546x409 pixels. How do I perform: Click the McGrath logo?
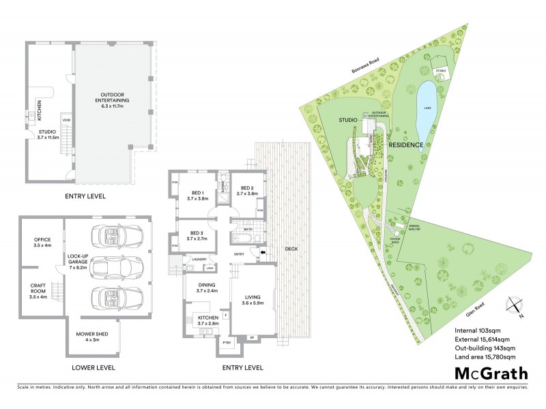click(491, 373)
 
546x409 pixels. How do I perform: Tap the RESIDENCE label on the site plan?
click(407, 145)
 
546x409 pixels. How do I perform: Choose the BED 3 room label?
click(197, 237)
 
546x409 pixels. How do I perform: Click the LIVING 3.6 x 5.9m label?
click(251, 299)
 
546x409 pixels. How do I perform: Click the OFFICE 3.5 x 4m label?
click(42, 242)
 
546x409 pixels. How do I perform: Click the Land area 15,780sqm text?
click(485, 356)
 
